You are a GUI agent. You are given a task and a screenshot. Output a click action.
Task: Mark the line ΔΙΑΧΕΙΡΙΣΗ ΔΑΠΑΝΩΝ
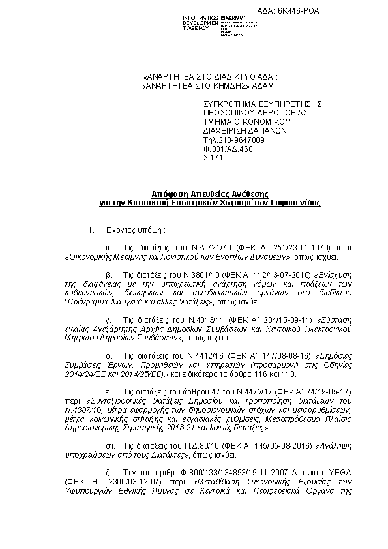click(240, 130)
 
